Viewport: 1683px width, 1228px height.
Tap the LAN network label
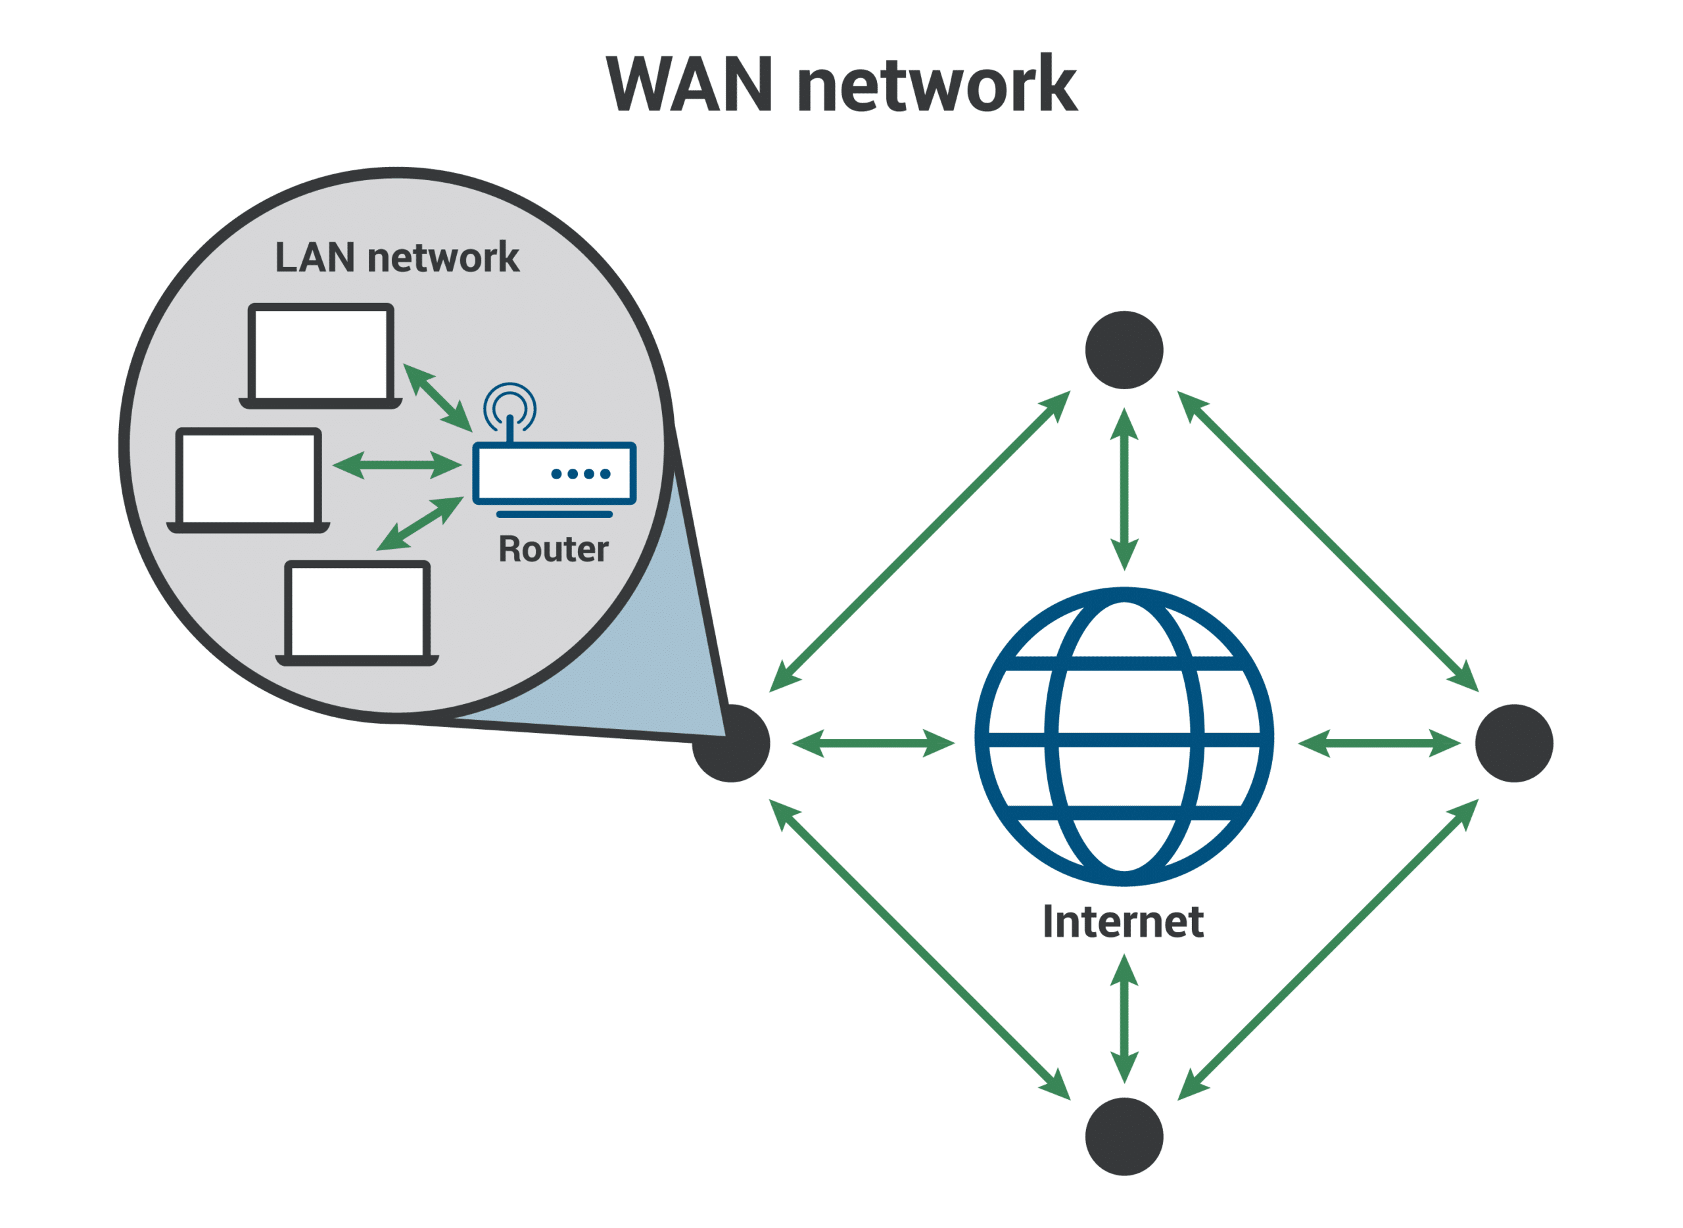[x=397, y=258]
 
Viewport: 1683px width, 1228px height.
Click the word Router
[x=553, y=550]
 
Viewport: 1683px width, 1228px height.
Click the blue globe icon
[x=1124, y=737]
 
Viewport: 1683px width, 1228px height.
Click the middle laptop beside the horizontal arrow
[x=249, y=480]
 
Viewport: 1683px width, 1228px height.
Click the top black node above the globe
[x=1124, y=350]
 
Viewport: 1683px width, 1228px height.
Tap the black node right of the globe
[x=1514, y=744]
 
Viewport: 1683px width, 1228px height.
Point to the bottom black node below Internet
[x=1124, y=1137]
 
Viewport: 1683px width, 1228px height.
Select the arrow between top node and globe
[x=1124, y=489]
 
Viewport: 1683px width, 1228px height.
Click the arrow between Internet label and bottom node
[x=1124, y=1019]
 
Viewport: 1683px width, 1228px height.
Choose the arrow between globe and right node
[x=1379, y=744]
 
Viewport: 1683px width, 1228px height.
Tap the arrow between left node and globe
[x=874, y=744]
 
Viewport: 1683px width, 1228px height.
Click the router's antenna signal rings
[x=510, y=405]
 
